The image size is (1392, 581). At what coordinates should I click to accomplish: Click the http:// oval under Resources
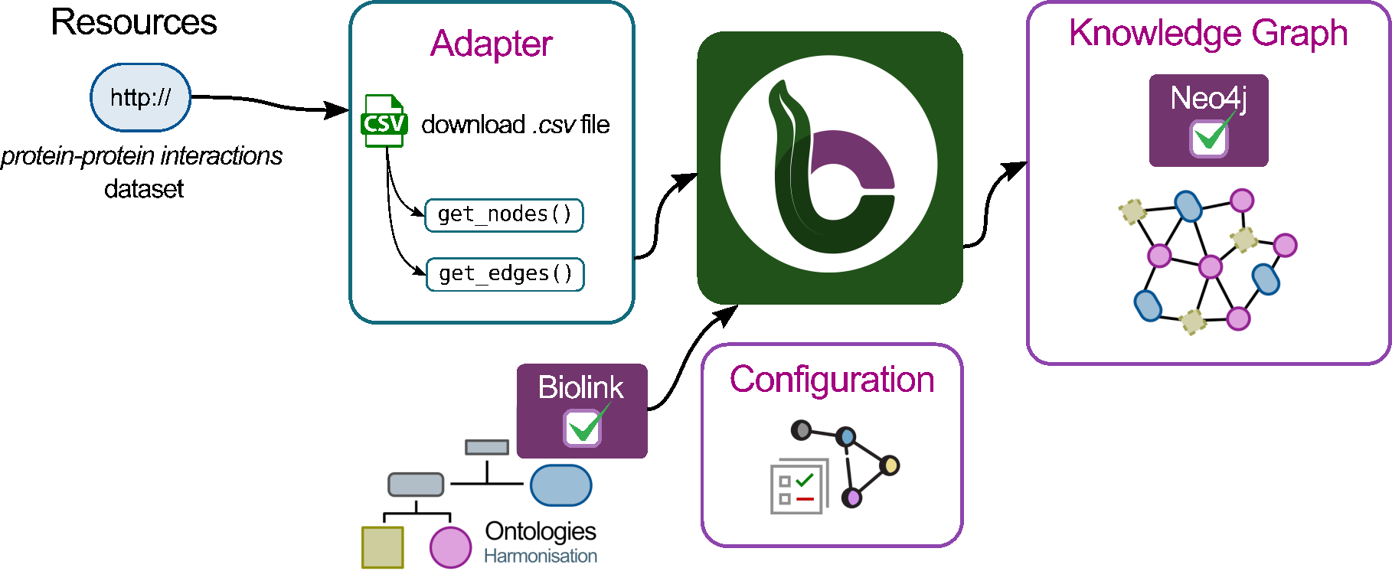click(x=140, y=97)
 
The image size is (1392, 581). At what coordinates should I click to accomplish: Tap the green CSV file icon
click(x=384, y=121)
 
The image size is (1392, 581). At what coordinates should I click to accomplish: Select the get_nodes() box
click(x=505, y=214)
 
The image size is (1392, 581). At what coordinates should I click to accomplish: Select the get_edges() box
click(x=505, y=274)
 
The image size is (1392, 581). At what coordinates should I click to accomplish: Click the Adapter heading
click(x=491, y=44)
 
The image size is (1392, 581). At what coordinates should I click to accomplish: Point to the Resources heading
click(x=134, y=22)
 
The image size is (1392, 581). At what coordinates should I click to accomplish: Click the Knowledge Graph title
click(x=1208, y=34)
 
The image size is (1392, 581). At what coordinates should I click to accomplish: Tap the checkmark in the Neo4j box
click(x=1210, y=137)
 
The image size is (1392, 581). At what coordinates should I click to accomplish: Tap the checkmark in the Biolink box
click(x=583, y=427)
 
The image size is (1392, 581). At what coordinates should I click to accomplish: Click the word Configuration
click(x=832, y=380)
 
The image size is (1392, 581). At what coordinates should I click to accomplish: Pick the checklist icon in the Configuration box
click(x=799, y=486)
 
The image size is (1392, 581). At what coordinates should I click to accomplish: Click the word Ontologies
click(x=541, y=531)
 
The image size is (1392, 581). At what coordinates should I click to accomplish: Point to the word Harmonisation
click(x=541, y=557)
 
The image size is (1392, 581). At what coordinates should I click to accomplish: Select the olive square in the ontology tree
click(x=383, y=547)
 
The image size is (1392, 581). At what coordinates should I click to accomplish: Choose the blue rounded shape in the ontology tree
click(x=560, y=485)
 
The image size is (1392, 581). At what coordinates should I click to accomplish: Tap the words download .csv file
click(x=515, y=125)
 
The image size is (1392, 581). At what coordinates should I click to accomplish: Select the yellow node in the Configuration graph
click(x=889, y=465)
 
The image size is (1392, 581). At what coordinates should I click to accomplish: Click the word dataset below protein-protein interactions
click(x=144, y=189)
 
